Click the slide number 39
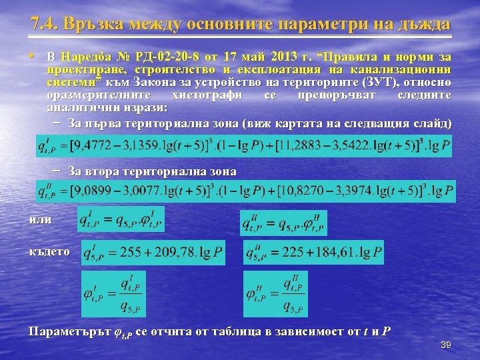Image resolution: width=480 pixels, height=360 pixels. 446,345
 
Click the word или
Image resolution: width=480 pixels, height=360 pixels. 39,219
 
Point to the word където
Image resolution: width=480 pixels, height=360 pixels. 49,251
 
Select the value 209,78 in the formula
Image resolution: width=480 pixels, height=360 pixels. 180,253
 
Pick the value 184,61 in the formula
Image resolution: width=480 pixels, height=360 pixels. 338,253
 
